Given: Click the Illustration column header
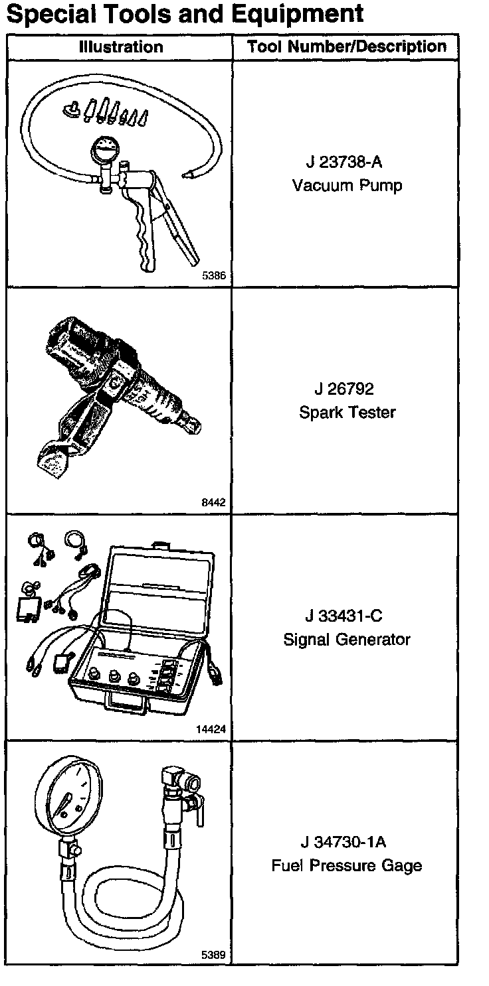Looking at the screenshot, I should coord(120,47).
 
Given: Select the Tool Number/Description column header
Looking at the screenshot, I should coord(346,47).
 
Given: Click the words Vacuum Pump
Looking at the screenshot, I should coord(347,185).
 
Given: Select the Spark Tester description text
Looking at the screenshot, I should coord(347,413).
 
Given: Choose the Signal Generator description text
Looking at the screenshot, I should coord(347,640).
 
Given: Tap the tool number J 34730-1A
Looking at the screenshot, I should coord(344,843).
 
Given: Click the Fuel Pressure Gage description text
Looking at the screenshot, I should coord(347,866).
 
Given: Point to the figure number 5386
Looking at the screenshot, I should coord(213,277).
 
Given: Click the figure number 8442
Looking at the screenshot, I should coord(213,503).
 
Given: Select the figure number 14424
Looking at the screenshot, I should coord(211,729).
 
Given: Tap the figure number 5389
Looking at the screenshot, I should coord(213,955).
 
